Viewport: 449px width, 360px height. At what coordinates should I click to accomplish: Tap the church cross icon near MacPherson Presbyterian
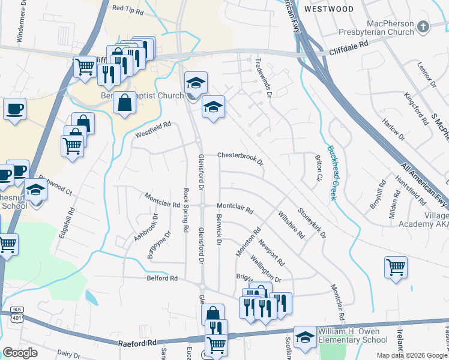(423, 26)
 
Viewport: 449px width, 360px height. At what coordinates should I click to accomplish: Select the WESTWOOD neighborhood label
(328, 9)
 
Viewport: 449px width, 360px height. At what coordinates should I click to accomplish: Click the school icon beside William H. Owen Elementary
(304, 337)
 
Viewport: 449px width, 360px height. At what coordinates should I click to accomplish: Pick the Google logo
(20, 353)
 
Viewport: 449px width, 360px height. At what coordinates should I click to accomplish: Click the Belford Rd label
(162, 278)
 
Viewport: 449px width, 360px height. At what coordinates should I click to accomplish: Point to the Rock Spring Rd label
(186, 211)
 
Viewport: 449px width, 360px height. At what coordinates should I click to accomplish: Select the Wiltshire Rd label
(291, 224)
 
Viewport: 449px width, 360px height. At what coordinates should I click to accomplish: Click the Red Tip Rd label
(125, 8)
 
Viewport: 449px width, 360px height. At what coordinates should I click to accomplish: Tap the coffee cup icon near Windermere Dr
(14, 109)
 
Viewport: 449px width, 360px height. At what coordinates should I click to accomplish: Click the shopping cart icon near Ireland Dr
(396, 267)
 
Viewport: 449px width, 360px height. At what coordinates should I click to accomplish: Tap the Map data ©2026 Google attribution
(412, 355)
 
